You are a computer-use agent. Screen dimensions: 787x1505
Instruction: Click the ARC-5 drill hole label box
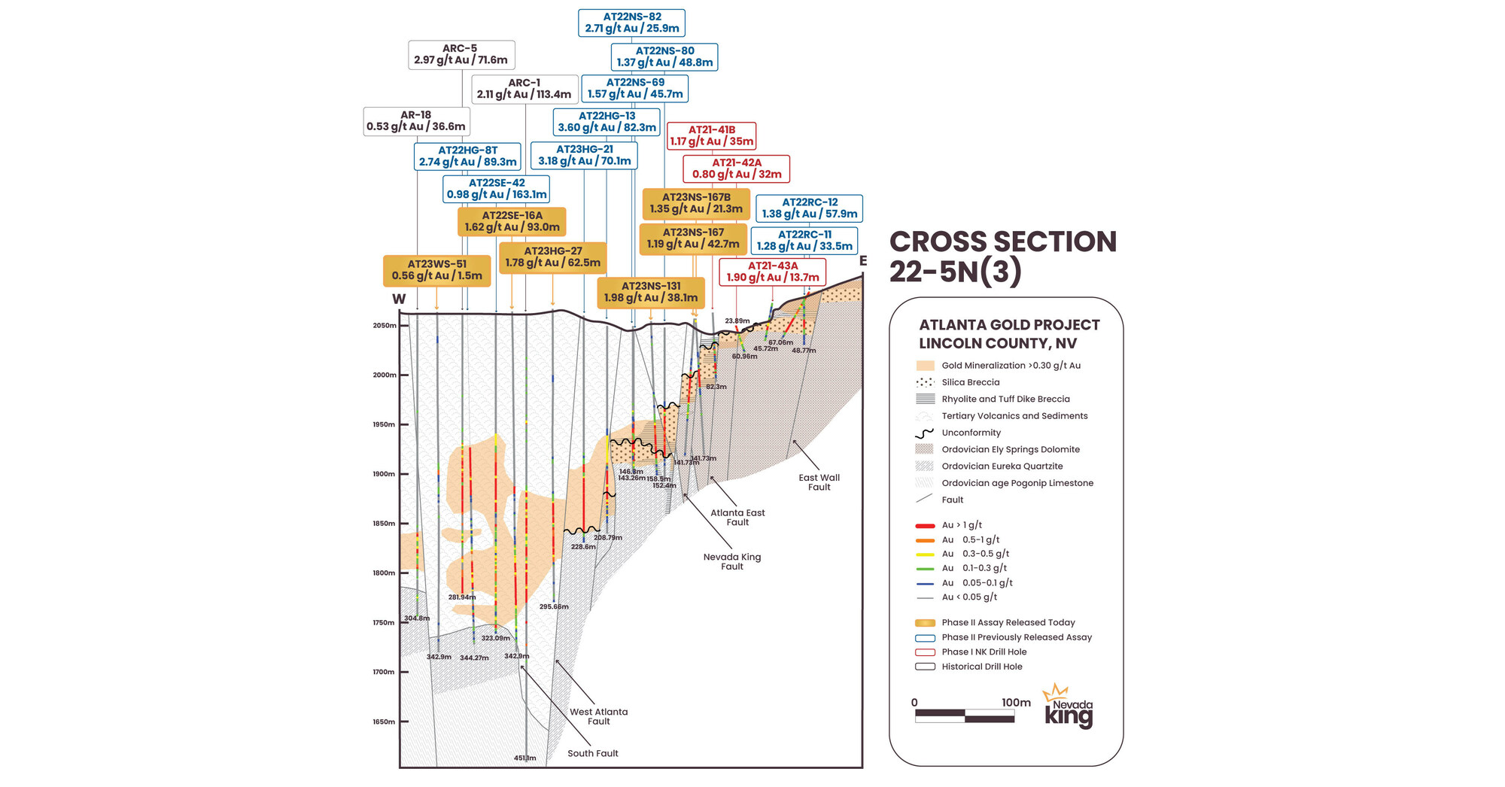[461, 54]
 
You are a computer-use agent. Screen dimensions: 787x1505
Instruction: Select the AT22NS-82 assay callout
[631, 23]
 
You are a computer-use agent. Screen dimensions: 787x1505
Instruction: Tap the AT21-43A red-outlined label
[772, 272]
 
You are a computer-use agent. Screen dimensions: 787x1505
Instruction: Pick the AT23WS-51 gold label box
[436, 270]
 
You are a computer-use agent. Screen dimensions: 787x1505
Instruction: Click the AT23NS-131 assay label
[650, 292]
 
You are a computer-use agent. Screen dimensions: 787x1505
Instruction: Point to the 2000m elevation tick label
[384, 375]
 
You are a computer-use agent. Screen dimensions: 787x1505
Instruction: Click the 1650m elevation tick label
[384, 722]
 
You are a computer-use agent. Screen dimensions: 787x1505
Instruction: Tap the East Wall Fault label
[819, 482]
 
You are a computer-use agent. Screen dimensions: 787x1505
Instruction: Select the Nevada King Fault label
[731, 561]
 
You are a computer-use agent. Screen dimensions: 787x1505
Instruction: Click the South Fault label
[592, 753]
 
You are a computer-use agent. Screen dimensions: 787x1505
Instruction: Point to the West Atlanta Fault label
[598, 716]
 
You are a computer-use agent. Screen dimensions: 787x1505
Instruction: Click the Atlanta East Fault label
[737, 517]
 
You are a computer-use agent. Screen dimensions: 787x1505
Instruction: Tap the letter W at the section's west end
[399, 299]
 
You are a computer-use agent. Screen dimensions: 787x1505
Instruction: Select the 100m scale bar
[965, 716]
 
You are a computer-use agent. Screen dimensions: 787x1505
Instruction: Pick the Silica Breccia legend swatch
[925, 382]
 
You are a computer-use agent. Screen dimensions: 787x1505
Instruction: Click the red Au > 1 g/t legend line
[925, 525]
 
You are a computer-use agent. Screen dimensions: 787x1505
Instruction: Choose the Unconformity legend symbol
[925, 433]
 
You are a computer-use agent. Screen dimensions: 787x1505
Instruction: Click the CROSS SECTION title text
[1002, 242]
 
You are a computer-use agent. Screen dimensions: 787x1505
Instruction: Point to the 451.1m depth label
[524, 758]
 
